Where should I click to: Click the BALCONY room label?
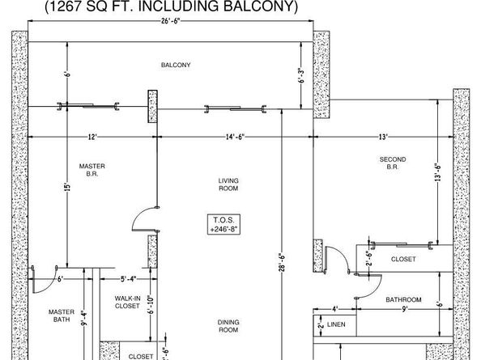(176, 65)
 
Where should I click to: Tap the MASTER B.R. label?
(92, 170)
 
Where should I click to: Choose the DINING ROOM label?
(228, 325)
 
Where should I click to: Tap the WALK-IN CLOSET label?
(127, 302)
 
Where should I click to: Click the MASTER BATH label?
(62, 316)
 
